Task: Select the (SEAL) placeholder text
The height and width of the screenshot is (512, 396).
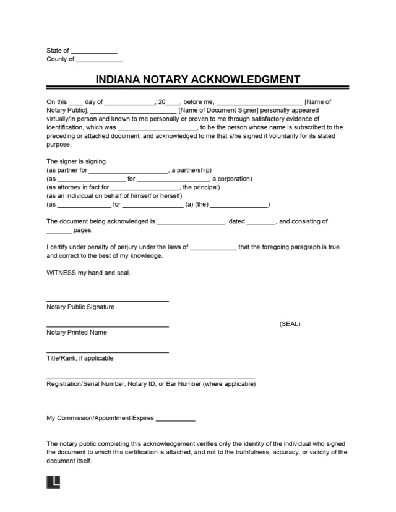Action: (x=290, y=323)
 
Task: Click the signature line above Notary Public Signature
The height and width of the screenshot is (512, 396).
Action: (x=108, y=301)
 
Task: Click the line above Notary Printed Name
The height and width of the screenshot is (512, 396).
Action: (x=108, y=326)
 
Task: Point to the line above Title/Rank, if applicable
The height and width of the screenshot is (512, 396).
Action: (x=108, y=352)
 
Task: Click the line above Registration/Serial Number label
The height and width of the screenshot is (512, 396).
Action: (x=150, y=378)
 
